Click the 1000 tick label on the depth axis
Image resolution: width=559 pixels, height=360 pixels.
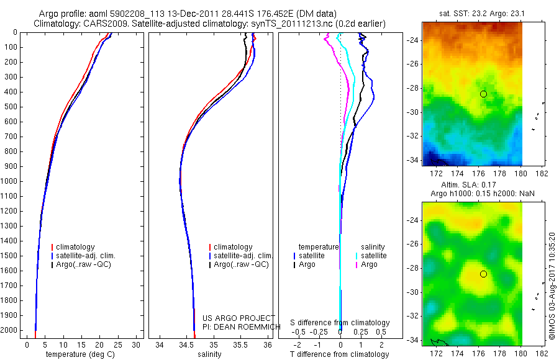pos(11,181)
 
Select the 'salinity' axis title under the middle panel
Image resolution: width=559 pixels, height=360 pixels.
pos(209,354)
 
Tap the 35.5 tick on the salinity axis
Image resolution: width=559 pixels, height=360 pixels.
pos(240,344)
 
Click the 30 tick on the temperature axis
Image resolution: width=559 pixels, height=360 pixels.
pos(137,344)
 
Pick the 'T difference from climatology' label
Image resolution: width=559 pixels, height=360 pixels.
pos(340,354)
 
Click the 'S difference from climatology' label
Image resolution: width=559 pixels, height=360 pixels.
pos(340,323)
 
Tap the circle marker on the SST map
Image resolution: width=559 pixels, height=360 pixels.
pos(483,94)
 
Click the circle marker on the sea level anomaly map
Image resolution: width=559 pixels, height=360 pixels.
pos(483,274)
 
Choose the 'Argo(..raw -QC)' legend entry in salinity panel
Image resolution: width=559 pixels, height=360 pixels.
pos(241,264)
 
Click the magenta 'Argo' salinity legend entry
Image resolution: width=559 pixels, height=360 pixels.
pos(369,264)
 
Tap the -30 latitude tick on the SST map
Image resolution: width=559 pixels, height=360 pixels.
pos(412,112)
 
